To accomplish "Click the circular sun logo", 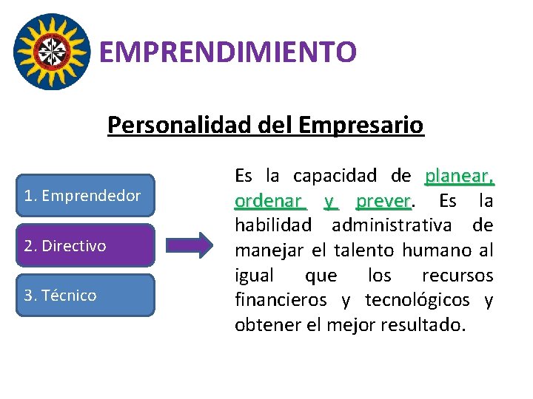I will [53, 51].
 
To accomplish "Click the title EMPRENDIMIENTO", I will [227, 52].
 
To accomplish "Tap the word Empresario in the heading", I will [361, 125].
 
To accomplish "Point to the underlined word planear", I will [458, 176].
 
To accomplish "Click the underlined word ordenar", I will [268, 201].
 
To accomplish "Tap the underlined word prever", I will [382, 201].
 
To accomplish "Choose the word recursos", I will [457, 276].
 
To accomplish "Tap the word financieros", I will [284, 300].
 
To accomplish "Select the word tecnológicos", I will [415, 300].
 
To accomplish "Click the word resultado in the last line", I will [421, 325].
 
